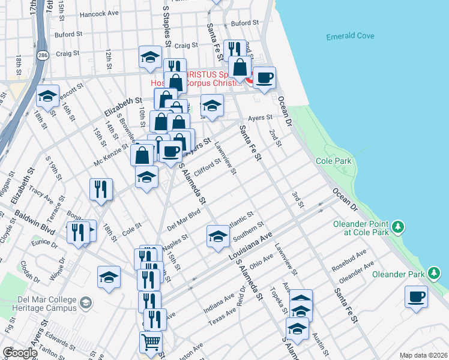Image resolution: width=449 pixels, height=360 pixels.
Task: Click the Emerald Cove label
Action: (x=350, y=37)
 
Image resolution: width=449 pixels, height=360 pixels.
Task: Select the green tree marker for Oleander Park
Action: (x=435, y=274)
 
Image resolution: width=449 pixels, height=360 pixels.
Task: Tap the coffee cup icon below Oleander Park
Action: (x=417, y=296)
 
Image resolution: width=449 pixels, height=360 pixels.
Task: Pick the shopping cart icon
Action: (x=151, y=342)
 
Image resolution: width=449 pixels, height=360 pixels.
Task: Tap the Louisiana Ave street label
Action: (x=250, y=246)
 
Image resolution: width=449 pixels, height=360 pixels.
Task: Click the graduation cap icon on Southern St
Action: (x=218, y=236)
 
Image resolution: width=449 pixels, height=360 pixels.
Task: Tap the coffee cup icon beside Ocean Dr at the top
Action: (x=264, y=77)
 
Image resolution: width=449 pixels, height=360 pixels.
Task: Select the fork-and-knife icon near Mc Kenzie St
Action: (x=101, y=190)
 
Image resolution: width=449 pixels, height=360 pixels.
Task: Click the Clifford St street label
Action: (x=208, y=165)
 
